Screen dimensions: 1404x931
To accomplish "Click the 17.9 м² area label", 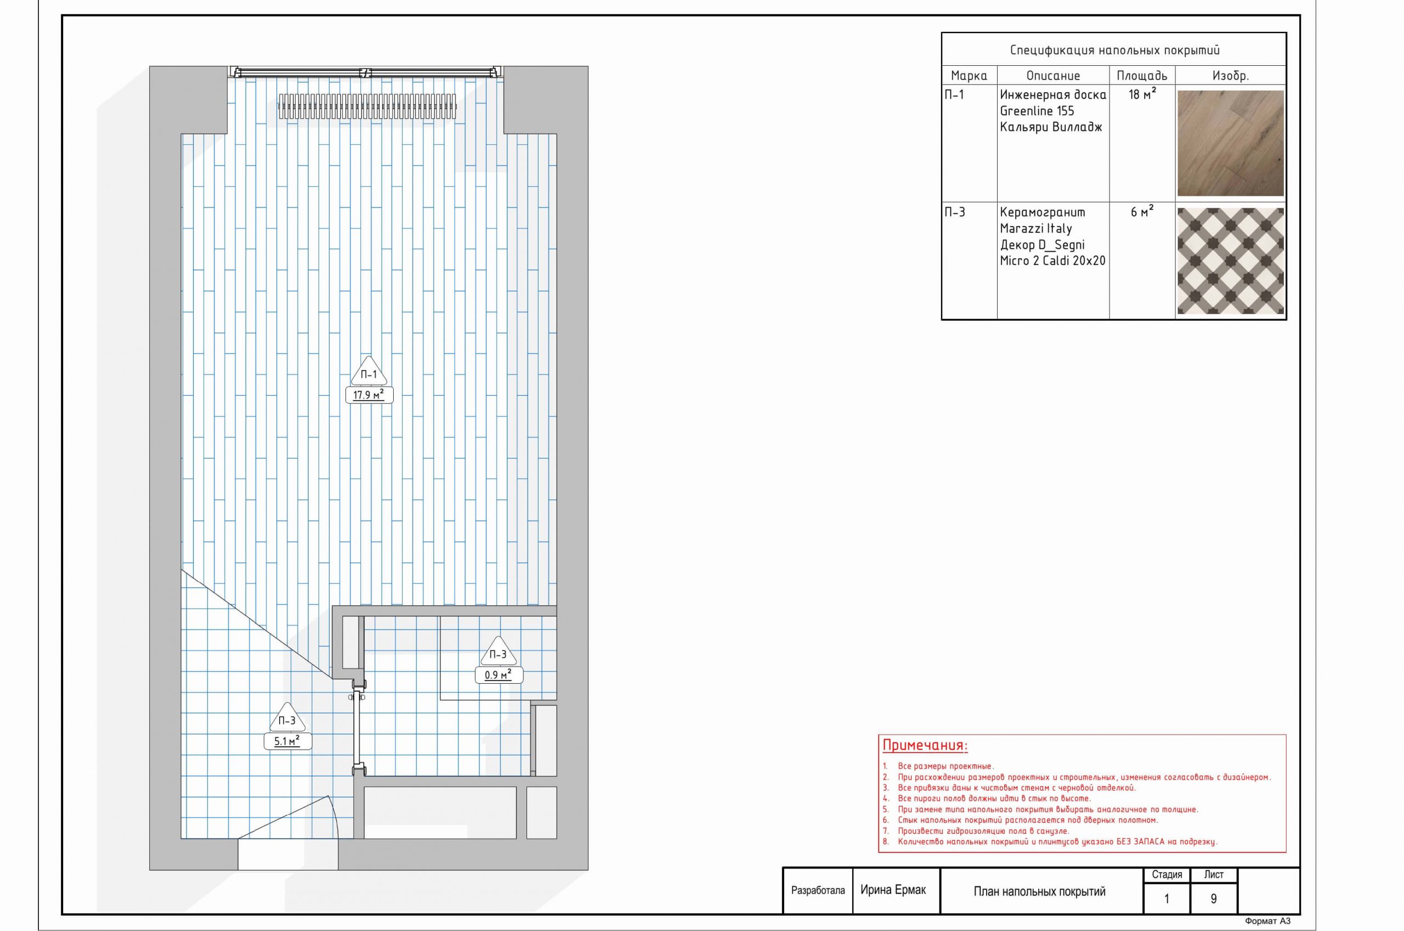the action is [x=369, y=395].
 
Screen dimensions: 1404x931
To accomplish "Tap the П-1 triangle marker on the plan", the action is [x=369, y=372].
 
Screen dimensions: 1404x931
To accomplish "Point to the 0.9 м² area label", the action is [x=499, y=675].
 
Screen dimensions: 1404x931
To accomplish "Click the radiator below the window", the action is [x=366, y=106].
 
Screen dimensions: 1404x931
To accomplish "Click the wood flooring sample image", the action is [x=1230, y=143].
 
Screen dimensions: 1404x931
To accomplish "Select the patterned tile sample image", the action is [x=1230, y=260].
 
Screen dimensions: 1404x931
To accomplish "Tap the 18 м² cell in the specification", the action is [x=1142, y=94].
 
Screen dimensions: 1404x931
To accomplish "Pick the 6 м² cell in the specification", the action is [x=1142, y=212].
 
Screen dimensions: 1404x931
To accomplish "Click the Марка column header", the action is [x=969, y=76].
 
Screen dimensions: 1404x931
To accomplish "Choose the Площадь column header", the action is [x=1141, y=76].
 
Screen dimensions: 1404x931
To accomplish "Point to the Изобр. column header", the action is [x=1230, y=76].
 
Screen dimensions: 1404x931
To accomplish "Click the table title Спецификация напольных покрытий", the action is [x=1115, y=50].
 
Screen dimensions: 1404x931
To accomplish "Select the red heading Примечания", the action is [x=925, y=746].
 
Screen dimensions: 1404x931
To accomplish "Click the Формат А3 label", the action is [x=1267, y=922].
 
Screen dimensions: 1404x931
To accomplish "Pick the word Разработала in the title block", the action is [x=818, y=890].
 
